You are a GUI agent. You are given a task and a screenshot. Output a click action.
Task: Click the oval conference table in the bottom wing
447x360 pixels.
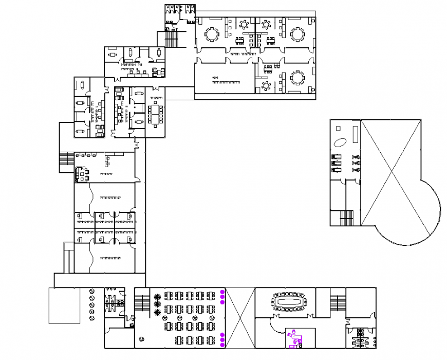288,302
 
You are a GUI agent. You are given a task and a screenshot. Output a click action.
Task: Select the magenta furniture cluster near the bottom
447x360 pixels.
294,338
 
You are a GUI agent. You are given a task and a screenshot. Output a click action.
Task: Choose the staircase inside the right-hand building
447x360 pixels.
347,218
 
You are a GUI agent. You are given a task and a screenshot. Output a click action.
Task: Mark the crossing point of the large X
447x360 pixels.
392,172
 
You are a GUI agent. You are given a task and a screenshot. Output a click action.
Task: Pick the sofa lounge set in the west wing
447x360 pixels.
82,174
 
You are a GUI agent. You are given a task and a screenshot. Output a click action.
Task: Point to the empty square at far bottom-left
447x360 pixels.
64,305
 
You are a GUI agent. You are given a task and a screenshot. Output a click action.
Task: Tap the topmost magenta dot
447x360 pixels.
222,292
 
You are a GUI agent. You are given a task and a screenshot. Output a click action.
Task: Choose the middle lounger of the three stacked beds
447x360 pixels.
338,163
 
